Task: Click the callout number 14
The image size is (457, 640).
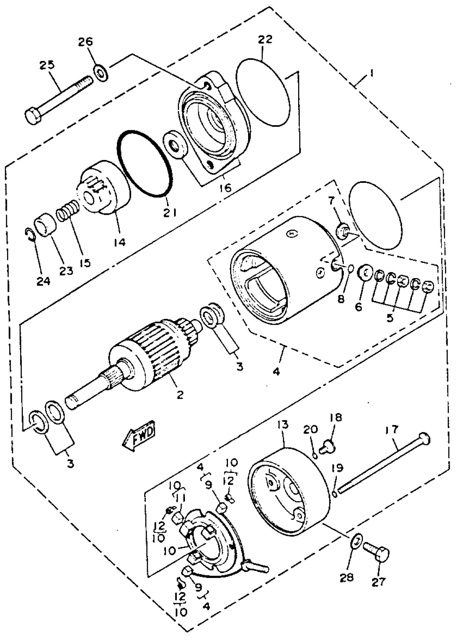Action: pos(120,242)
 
